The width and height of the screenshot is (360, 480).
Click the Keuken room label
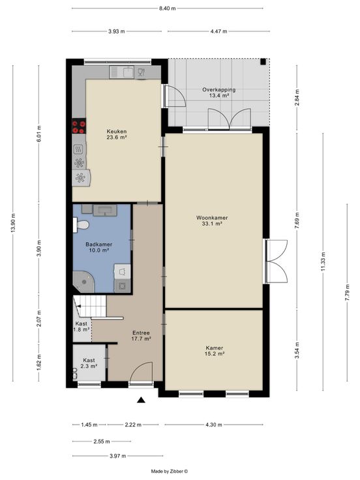tap(116, 132)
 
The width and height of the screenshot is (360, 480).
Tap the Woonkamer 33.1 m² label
tap(212, 220)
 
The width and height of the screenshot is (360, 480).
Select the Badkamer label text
tap(99, 245)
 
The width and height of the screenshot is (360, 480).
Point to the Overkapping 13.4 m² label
tap(219, 93)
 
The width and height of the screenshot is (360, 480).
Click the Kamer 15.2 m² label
tap(215, 351)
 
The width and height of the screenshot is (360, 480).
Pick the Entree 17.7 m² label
tap(141, 336)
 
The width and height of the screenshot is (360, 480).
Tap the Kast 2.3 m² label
tap(89, 363)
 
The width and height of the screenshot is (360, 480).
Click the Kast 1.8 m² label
tap(81, 327)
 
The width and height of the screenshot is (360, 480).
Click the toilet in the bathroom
tap(81, 225)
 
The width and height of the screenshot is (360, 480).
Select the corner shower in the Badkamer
tap(83, 282)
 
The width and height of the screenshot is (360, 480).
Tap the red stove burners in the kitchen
tap(79, 127)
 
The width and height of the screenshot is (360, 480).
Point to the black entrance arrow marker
tap(141, 400)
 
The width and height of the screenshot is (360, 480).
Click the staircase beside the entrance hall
tap(90, 306)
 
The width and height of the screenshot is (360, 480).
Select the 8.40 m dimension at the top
tap(167, 8)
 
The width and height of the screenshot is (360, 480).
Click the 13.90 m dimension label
tap(13, 223)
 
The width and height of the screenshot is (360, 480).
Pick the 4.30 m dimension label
tap(214, 425)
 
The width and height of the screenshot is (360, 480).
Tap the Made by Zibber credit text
tap(170, 472)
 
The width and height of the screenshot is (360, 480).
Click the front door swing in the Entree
tap(141, 371)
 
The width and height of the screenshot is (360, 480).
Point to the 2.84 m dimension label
tap(297, 98)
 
